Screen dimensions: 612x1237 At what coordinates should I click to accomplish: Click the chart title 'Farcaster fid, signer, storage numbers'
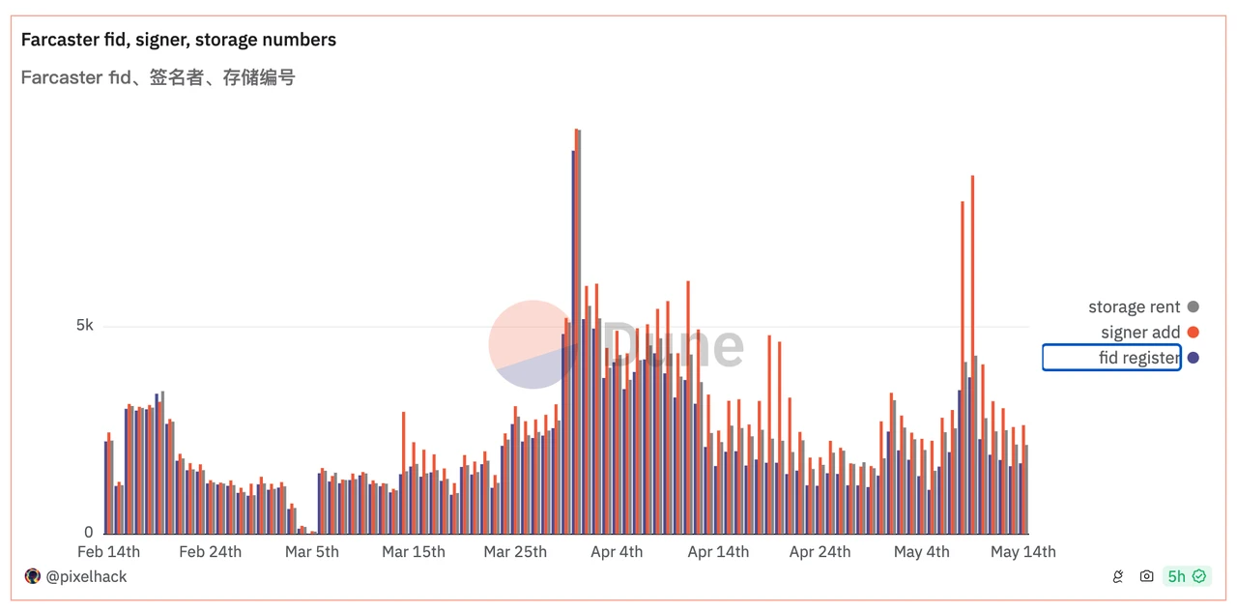tap(179, 40)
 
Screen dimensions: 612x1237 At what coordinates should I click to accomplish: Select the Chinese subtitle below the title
tap(158, 77)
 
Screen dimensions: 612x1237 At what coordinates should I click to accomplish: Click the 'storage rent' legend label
tap(1134, 306)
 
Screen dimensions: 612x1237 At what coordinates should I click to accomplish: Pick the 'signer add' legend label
tap(1140, 333)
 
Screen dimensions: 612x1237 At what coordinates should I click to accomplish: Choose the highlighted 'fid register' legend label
tap(1138, 358)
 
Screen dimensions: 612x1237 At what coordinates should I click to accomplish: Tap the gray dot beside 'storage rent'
tap(1194, 306)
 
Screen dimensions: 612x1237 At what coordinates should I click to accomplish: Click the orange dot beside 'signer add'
tap(1194, 333)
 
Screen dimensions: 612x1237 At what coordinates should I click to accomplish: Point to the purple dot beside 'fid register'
tap(1194, 358)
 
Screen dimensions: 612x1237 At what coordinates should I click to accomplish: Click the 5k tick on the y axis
tap(85, 326)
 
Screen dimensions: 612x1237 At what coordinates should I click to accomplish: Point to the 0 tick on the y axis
tap(89, 533)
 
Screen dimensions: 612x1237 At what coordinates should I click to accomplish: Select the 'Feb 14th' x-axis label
tap(108, 552)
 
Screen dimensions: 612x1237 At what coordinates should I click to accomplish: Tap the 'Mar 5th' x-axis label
tap(312, 552)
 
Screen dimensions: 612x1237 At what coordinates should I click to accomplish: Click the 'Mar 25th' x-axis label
tap(515, 552)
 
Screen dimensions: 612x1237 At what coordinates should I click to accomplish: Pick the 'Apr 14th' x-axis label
tap(718, 552)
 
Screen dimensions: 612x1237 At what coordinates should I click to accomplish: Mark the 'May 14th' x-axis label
tap(1023, 552)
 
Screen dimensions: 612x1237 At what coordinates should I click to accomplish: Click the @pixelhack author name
tap(86, 576)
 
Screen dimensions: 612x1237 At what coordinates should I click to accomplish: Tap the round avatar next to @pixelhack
tap(32, 576)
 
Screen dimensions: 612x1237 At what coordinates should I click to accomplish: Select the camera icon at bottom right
tap(1146, 576)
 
